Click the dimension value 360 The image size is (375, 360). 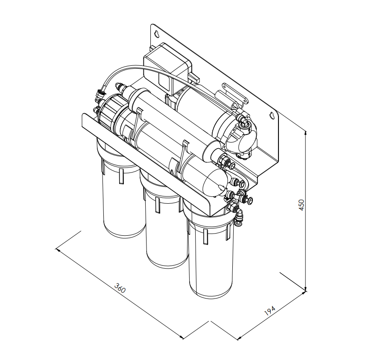120,288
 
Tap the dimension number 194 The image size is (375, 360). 270,310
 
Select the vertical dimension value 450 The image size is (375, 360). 301,205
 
